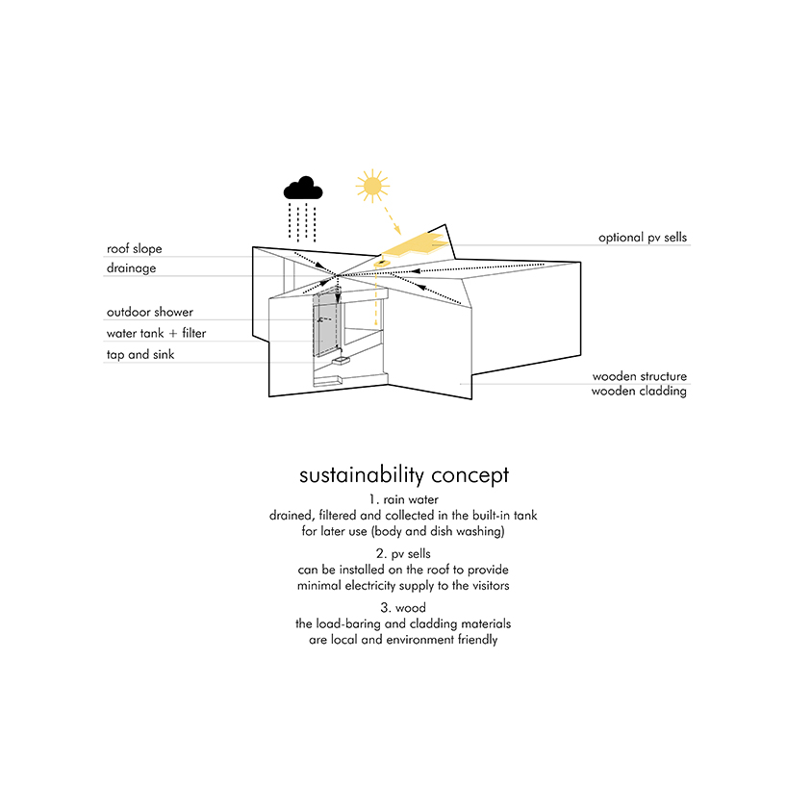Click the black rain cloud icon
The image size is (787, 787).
click(303, 189)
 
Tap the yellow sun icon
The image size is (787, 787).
click(372, 187)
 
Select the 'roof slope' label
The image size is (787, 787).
click(134, 248)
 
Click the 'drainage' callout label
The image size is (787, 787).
click(131, 268)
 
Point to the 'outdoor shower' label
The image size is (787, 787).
click(149, 312)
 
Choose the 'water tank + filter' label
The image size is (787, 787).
click(156, 333)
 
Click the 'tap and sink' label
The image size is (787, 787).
click(140, 354)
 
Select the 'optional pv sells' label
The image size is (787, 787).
click(643, 238)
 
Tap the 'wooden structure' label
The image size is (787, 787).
click(640, 376)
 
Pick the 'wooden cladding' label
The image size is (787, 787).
click(639, 391)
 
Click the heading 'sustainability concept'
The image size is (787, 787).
click(404, 475)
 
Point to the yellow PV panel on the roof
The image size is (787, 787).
click(415, 244)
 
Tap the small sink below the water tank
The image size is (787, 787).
click(341, 361)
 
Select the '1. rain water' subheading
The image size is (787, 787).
click(403, 499)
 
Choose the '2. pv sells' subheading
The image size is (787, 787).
click(403, 553)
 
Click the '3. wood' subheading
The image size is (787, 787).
click(403, 608)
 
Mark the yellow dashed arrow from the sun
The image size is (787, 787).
click(392, 218)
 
